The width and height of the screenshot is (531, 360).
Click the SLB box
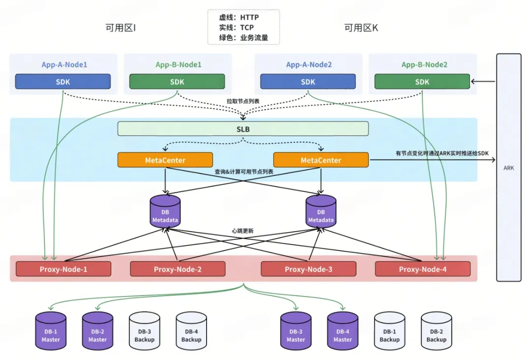click(x=243, y=129)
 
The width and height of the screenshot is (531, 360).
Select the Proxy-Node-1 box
click(x=63, y=269)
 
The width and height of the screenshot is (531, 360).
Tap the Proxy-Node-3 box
click(x=308, y=269)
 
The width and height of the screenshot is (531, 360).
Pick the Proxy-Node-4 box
click(x=422, y=269)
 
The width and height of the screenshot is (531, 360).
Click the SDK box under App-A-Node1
click(x=63, y=82)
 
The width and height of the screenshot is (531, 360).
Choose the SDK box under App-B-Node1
click(x=177, y=82)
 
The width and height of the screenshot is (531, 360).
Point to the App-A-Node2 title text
click(x=309, y=64)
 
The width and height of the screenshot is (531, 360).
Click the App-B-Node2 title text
click(x=424, y=64)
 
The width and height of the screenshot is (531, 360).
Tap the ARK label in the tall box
click(x=508, y=168)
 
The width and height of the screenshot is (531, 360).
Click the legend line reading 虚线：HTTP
click(x=239, y=18)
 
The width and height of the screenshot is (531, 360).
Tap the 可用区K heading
click(x=361, y=28)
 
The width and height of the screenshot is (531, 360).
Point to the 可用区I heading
click(x=120, y=28)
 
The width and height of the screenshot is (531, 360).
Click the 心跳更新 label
click(x=243, y=231)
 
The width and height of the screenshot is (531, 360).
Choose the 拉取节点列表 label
click(x=243, y=101)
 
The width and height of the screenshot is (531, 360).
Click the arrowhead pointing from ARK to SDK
click(x=473, y=82)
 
